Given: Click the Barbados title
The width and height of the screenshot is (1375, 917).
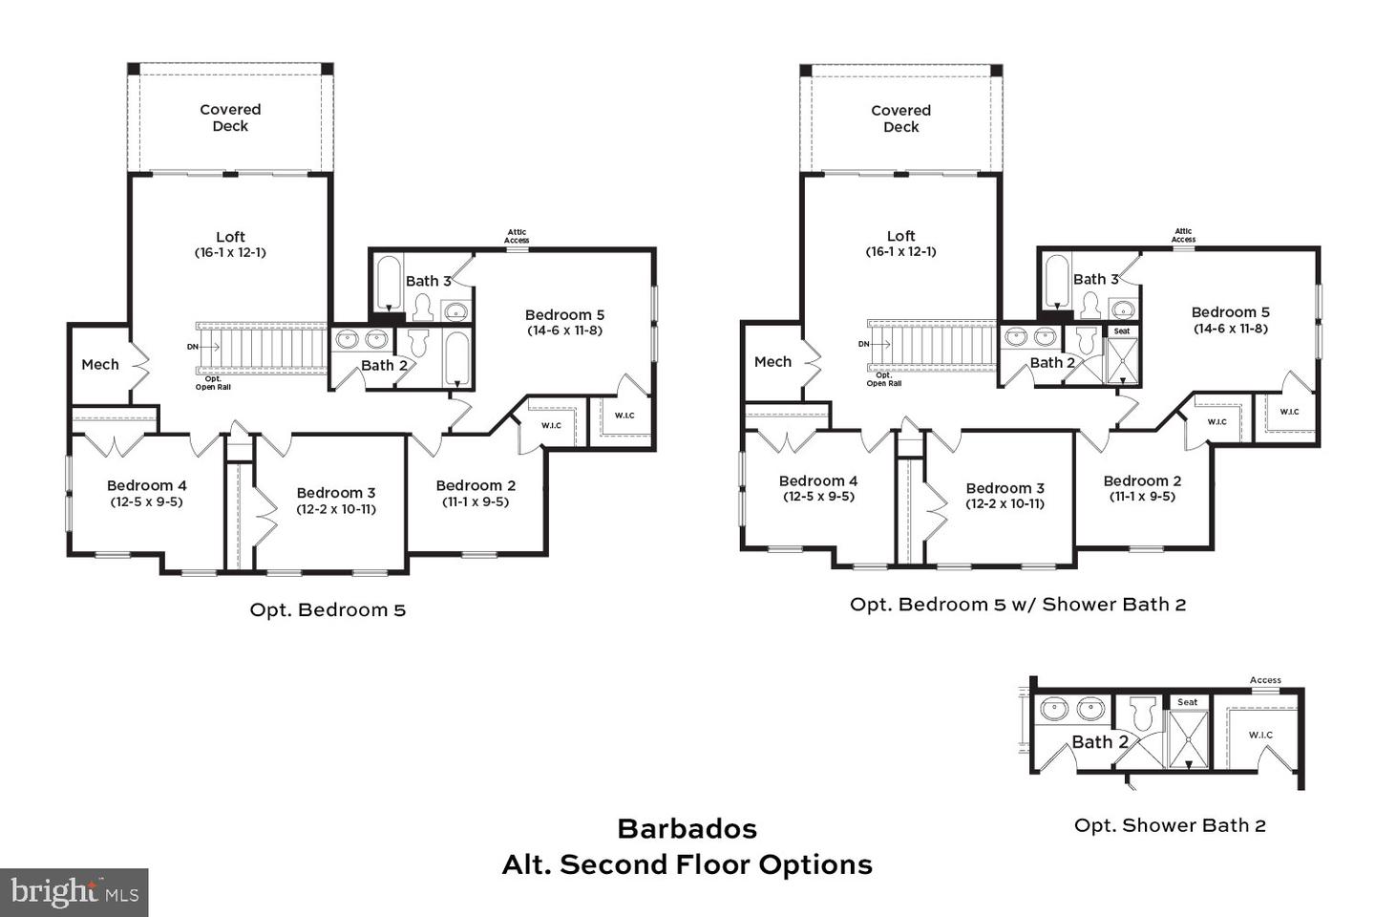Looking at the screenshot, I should pos(687,828).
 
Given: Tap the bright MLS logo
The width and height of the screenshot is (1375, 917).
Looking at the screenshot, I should pos(74,893).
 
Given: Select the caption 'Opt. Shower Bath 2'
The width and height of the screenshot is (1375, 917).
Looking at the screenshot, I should pos(1170,825).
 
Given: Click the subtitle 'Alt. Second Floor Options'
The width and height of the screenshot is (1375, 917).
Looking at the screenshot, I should pos(687,864).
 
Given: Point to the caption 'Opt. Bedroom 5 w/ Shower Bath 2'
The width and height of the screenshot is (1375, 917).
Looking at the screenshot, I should pos(1018,604).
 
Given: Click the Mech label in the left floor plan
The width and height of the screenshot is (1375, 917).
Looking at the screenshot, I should pos(100,364).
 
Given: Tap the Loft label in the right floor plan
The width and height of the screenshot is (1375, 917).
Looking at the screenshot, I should pos(900,236).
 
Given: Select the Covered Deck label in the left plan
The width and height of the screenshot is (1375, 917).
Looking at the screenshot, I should pos(230,117).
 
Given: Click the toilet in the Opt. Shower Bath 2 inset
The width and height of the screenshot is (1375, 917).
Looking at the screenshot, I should pos(1142,714).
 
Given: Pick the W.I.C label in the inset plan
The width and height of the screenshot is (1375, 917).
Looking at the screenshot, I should pos(1260,735).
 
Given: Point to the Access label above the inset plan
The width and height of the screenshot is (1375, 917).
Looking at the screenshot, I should pos(1265,680).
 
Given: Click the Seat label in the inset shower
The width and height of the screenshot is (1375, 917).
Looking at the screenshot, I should pos(1187,702).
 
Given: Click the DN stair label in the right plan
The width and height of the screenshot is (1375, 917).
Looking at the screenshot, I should pos(863,344).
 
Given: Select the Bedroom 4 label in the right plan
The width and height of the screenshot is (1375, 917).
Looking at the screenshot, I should pos(818,480).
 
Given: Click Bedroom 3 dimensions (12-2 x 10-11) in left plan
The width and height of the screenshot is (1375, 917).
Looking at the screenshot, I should pos(336,509).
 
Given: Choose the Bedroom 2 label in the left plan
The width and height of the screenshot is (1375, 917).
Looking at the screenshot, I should pos(476,485).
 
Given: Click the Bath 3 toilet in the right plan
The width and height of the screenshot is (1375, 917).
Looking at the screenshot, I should pos(1089,305).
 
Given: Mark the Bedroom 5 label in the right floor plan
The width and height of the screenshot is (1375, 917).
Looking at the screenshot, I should pos(1230,312).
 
